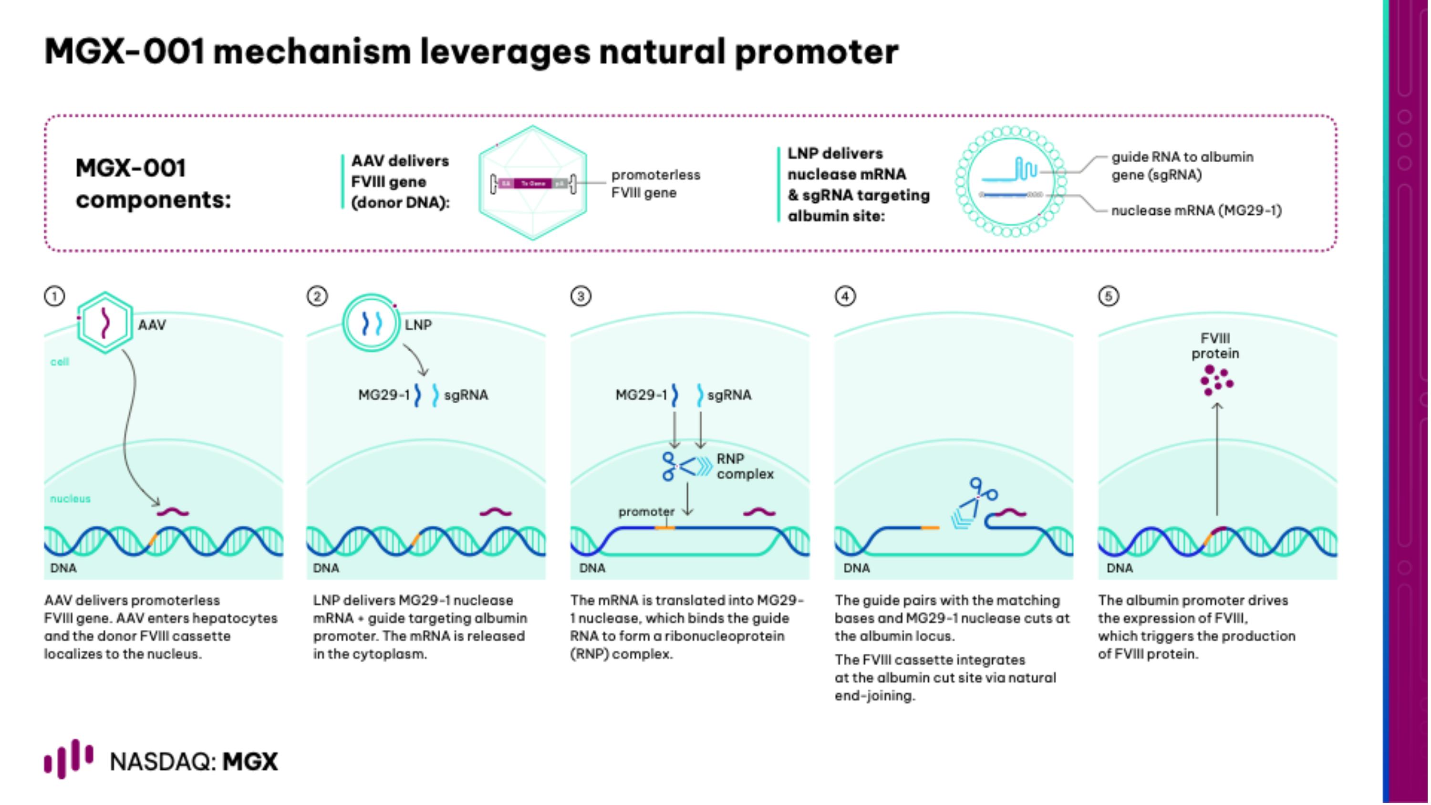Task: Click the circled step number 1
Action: pos(54,296)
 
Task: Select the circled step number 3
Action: pos(581,296)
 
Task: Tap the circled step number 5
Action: pos(1108,296)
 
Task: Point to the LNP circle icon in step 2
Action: pos(371,322)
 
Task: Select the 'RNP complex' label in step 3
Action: pos(745,466)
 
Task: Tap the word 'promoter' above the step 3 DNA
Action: pos(646,511)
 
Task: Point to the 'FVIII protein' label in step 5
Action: pos(1215,345)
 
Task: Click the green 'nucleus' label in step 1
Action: pos(70,498)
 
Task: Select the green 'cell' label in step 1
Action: pos(60,362)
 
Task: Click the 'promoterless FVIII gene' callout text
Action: pos(655,183)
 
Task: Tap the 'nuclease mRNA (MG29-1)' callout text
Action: pos(1196,210)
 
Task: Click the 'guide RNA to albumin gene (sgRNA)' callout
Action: pos(1182,166)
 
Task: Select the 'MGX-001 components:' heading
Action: pos(153,183)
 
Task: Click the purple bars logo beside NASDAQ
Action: pos(68,759)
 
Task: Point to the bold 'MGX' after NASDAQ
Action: pos(250,762)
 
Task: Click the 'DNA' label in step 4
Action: pos(856,568)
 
